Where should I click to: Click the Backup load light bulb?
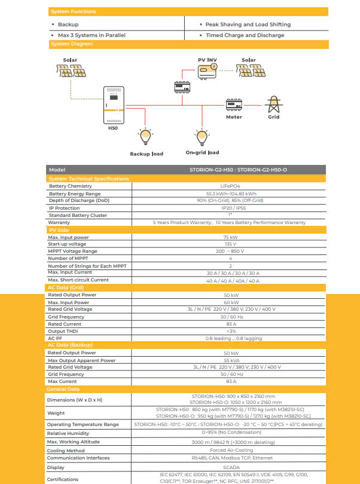144,136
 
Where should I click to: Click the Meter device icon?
234,105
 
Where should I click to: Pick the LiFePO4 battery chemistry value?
230,186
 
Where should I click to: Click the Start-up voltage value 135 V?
230,244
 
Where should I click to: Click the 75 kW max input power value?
230,237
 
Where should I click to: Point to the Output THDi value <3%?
230,331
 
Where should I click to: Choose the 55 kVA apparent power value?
230,360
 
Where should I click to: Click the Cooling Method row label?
66,451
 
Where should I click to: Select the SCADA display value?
230,467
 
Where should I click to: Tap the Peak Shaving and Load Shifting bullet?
248,24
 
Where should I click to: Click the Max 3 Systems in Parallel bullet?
91,35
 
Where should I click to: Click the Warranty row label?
59,222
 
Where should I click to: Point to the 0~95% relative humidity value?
230,433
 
